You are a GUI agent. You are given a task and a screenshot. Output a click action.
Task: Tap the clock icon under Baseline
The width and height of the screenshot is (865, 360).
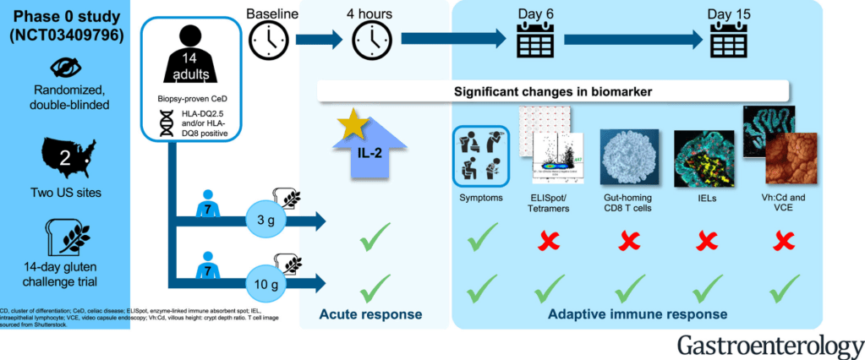[267, 39]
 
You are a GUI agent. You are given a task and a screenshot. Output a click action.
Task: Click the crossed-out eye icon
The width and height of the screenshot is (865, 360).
[65, 68]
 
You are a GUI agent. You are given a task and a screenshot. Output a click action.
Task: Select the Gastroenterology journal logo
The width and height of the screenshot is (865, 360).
[769, 344]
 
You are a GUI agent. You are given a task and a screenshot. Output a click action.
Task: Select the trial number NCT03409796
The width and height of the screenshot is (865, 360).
[65, 36]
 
